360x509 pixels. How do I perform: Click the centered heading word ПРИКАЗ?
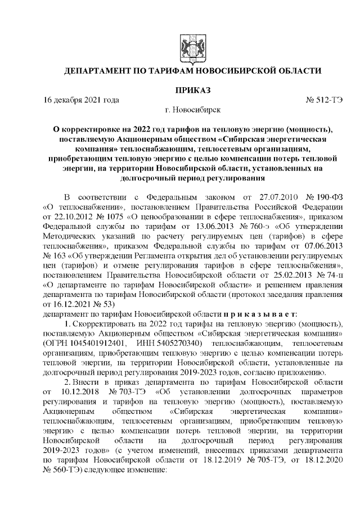192,90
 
